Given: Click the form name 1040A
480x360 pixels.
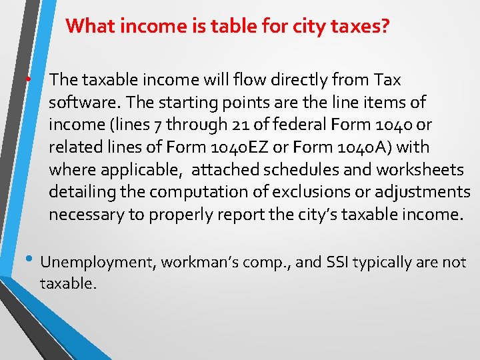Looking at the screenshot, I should (395, 147).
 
